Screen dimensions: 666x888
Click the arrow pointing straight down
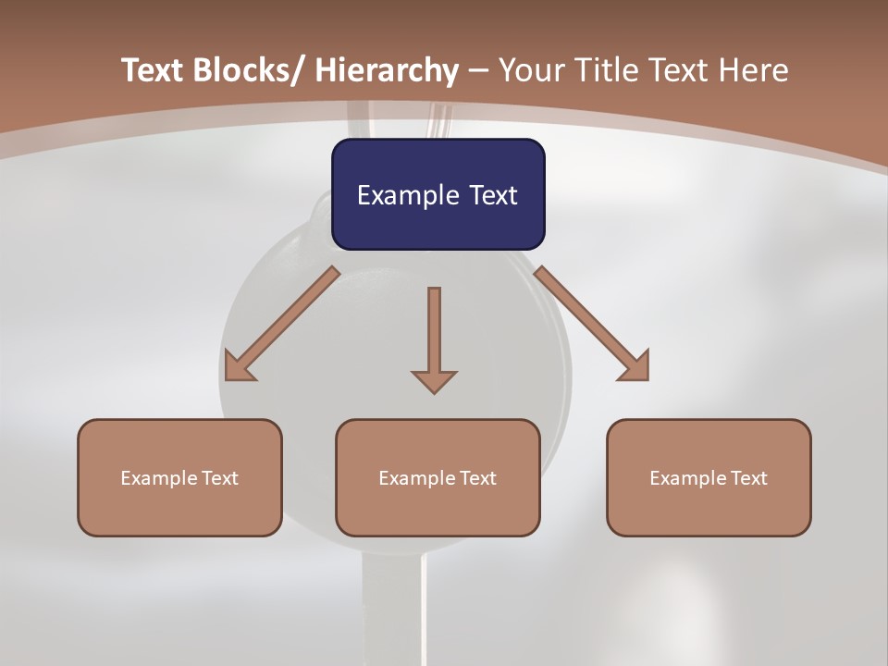(x=434, y=333)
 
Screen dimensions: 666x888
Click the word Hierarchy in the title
(x=386, y=70)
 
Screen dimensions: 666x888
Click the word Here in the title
(x=753, y=70)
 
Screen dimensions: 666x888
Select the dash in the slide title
(x=478, y=70)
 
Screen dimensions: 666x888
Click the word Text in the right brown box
(x=747, y=478)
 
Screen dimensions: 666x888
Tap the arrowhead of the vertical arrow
(x=434, y=381)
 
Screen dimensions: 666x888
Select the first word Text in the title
(x=154, y=70)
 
